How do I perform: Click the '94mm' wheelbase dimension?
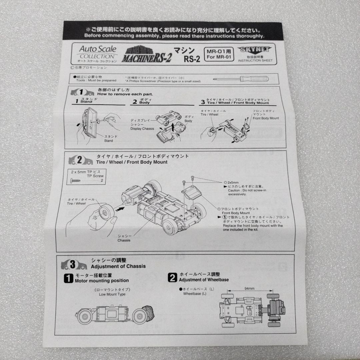[x=249, y=288]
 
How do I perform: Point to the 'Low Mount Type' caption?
[x=112, y=294]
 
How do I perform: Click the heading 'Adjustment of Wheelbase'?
[x=204, y=280]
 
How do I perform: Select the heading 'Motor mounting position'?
[x=102, y=280]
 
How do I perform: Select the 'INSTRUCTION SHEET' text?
[x=255, y=61]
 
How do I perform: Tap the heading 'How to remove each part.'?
[x=120, y=94]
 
